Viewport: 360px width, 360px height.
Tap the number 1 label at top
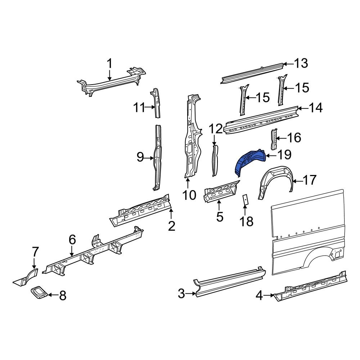click(x=110, y=64)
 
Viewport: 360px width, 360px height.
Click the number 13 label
click(x=301, y=64)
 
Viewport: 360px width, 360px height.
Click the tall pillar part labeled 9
click(x=157, y=158)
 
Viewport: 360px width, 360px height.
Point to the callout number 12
click(x=216, y=129)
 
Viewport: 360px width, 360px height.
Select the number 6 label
click(x=72, y=239)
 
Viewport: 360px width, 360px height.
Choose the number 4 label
click(x=260, y=296)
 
